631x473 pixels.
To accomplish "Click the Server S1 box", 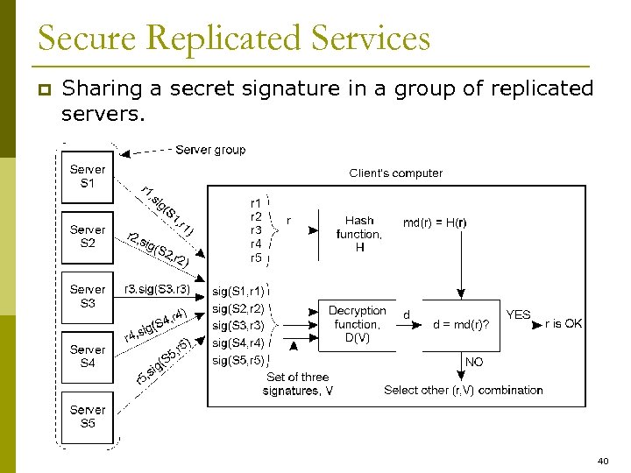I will [x=88, y=176].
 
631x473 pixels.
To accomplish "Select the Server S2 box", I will [x=88, y=236].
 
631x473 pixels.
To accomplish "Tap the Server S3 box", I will [x=88, y=296].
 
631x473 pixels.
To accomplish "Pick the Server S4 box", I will [x=88, y=357].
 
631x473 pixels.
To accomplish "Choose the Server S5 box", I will [x=88, y=416].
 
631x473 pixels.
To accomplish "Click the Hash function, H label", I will [x=359, y=234].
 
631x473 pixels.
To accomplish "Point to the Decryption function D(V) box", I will [x=357, y=323].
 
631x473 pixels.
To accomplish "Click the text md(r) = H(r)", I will [x=435, y=222].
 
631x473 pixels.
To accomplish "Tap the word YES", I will [x=518, y=314].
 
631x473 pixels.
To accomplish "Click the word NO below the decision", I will [x=474, y=362].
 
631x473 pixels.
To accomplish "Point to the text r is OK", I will [x=564, y=324].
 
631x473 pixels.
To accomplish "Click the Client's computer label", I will [x=396, y=173].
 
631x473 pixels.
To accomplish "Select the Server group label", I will [x=210, y=150].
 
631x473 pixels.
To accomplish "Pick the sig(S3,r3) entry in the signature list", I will [x=238, y=325].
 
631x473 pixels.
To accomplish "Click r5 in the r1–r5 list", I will [x=256, y=258].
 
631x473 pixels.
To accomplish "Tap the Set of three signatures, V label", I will [x=297, y=384].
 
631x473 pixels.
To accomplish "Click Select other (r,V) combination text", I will [x=464, y=390].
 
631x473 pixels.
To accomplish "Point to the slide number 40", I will [x=602, y=460].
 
